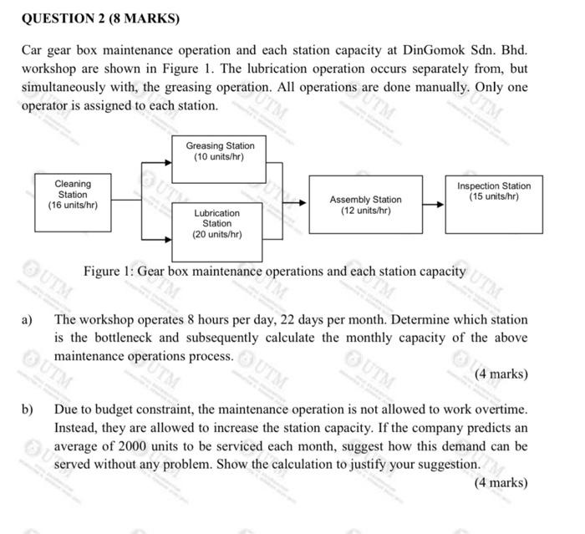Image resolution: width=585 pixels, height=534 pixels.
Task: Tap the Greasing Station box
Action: (x=219, y=158)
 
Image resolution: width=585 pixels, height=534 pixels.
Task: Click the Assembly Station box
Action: (x=365, y=203)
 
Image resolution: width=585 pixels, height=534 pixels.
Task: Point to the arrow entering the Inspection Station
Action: (x=433, y=202)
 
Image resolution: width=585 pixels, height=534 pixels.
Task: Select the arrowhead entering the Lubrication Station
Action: (x=166, y=221)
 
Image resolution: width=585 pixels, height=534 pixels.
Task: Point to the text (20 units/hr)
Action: (x=217, y=235)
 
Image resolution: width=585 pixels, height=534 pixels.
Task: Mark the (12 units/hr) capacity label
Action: (x=365, y=210)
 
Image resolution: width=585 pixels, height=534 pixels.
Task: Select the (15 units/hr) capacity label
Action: (x=493, y=196)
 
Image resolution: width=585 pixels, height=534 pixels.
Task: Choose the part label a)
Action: (x=28, y=319)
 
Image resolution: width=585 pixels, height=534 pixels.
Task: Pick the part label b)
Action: (x=28, y=410)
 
